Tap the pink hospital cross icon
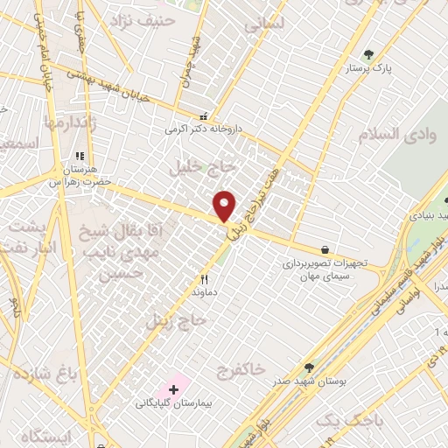[x=173, y=387]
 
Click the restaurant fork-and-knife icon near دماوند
[x=204, y=281]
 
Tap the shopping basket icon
[x=325, y=249]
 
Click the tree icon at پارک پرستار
[x=370, y=54]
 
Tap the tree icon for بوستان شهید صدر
[x=308, y=368]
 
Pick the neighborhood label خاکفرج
[x=239, y=370]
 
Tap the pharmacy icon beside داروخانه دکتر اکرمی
[x=204, y=115]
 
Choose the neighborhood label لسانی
[x=265, y=27]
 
